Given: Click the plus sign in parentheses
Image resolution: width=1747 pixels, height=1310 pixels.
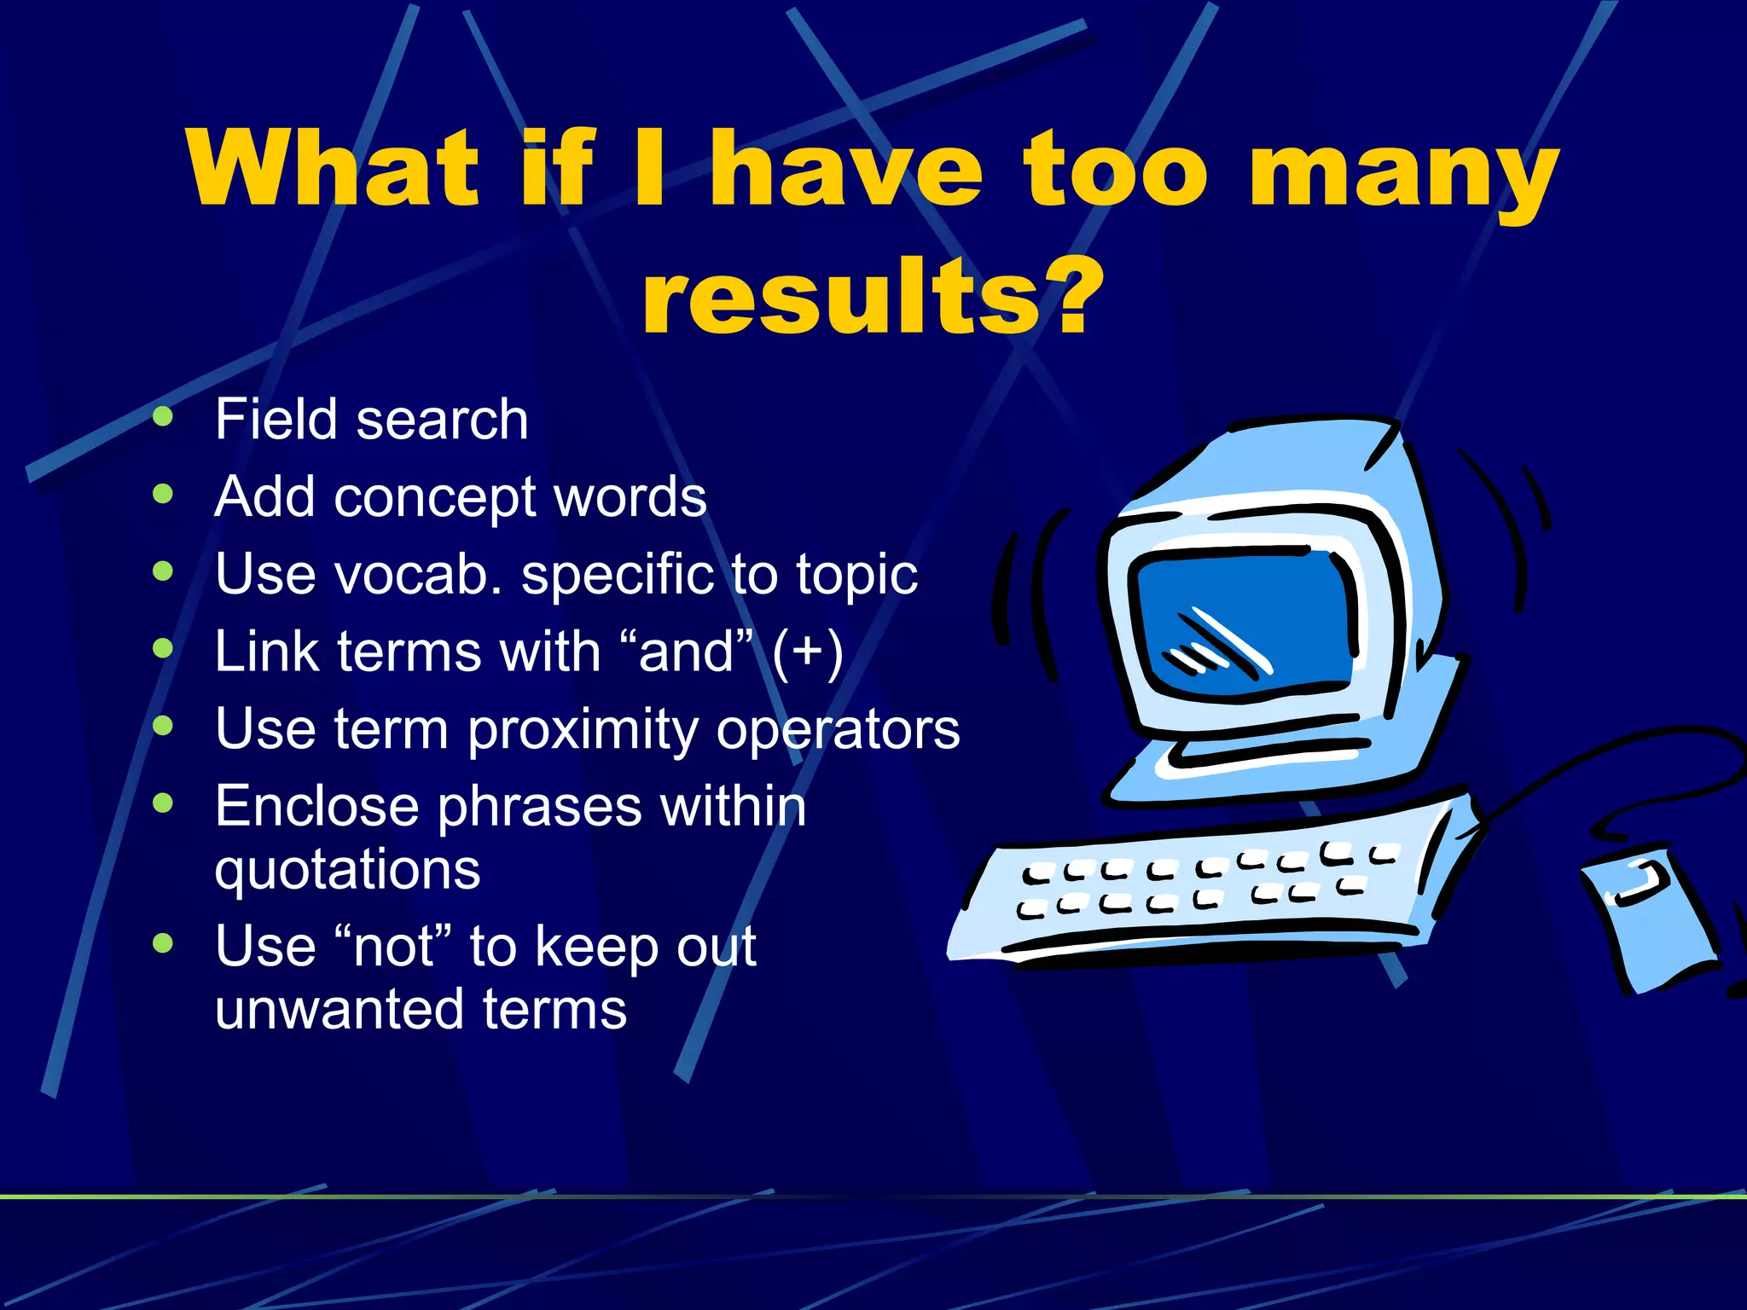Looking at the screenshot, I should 808,652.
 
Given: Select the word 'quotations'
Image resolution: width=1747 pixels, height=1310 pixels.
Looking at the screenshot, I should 347,870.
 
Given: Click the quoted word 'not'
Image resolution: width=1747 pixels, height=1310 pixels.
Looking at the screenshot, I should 393,947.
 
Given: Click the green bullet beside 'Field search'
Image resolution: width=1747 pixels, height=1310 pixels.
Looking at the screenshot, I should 163,417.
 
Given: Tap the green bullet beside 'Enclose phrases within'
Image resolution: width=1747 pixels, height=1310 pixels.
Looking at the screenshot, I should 163,803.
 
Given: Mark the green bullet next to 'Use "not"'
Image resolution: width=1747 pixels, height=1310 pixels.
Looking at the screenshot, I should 163,943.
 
